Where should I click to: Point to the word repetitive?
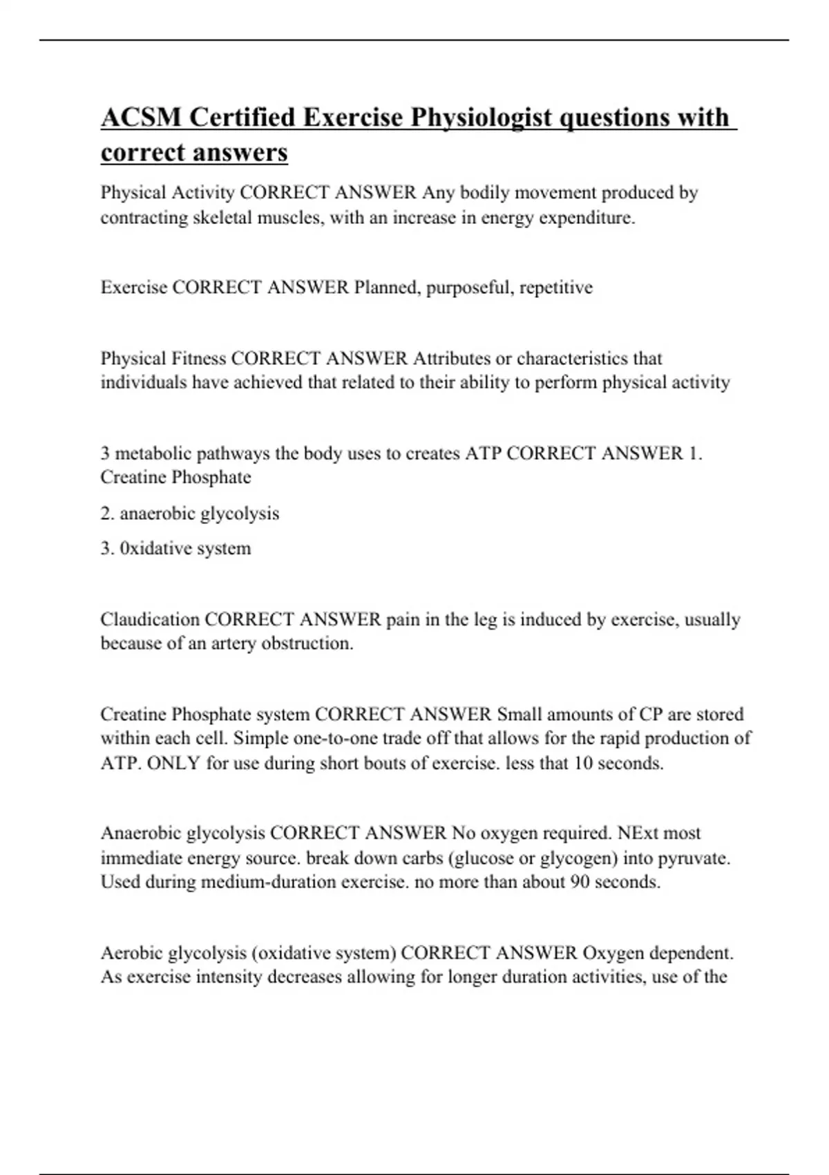point(555,287)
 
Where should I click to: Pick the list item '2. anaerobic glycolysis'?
point(190,514)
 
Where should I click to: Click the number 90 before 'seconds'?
point(580,882)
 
